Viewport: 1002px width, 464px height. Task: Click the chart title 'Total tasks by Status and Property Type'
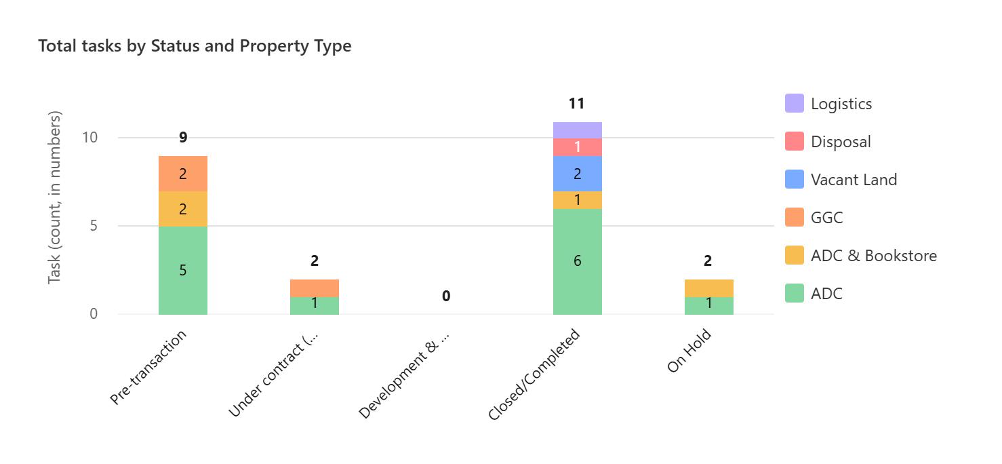tap(195, 46)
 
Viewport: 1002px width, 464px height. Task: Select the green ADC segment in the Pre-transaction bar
tap(183, 270)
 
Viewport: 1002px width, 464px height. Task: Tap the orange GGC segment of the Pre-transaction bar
tap(183, 174)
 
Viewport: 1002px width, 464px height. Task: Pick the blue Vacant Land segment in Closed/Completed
tap(578, 174)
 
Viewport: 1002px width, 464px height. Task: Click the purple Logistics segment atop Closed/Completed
tap(578, 130)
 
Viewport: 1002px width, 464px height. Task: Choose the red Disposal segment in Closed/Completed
tap(578, 147)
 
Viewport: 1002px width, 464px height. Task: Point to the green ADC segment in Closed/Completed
tap(578, 262)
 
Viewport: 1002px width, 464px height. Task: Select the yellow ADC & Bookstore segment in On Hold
tap(709, 288)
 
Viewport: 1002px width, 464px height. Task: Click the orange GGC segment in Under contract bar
tap(315, 288)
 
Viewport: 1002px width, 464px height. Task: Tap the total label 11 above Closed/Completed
tap(577, 104)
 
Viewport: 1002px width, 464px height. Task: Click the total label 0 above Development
tap(446, 296)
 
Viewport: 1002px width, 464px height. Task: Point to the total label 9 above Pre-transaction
tap(183, 137)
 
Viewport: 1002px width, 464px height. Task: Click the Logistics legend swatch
tap(795, 103)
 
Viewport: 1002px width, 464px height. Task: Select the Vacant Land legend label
tap(854, 180)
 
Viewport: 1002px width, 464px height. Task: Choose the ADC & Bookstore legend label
tap(874, 256)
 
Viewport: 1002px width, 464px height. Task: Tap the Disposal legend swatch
tap(795, 141)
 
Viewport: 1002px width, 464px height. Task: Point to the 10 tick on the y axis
tap(90, 137)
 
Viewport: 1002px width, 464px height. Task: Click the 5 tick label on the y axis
tap(94, 225)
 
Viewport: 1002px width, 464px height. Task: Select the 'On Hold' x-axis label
tap(689, 350)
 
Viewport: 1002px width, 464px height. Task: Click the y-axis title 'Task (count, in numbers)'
tap(54, 197)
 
